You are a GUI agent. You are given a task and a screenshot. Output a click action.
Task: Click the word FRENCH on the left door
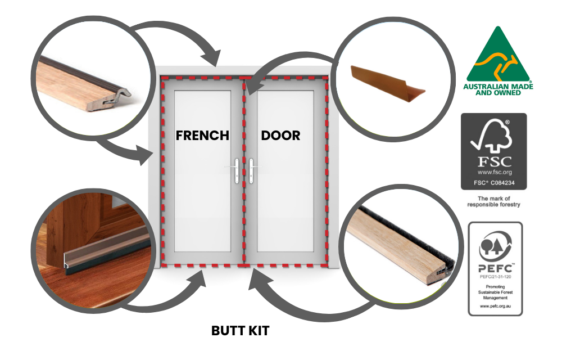(x=202, y=136)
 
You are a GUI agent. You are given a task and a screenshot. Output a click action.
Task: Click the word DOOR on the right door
(x=280, y=136)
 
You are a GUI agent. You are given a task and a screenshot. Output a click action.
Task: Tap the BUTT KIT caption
(x=240, y=331)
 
